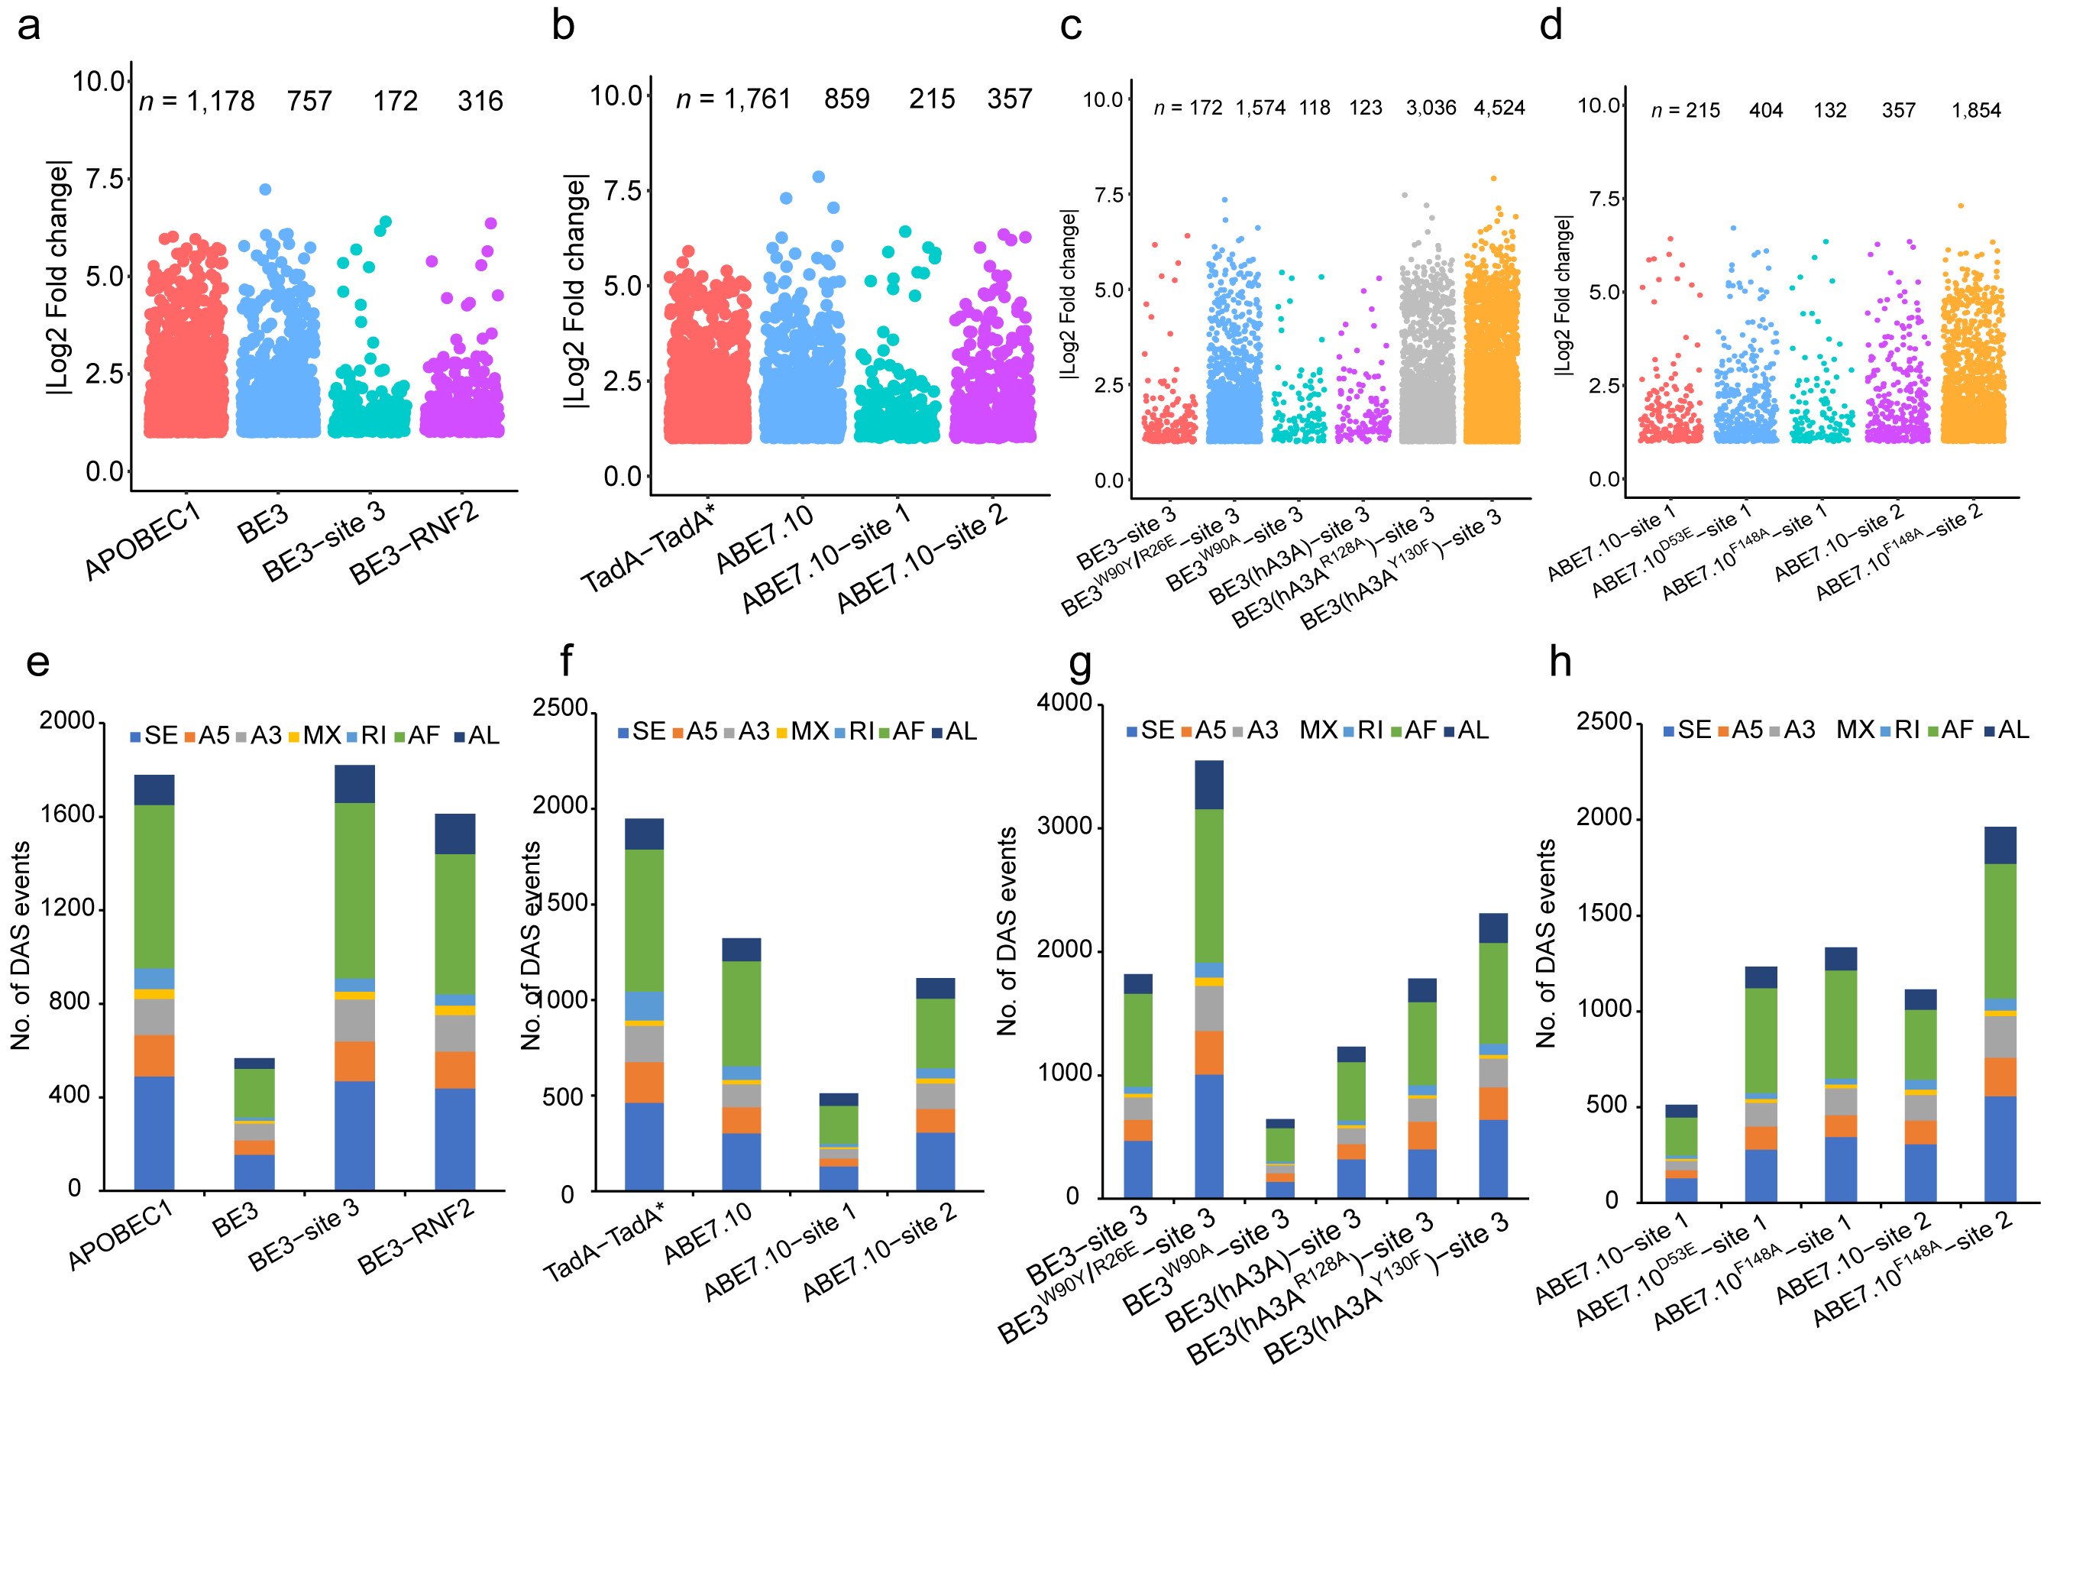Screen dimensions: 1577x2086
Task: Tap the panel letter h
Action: click(x=1560, y=662)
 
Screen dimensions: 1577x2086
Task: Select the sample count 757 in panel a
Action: click(x=309, y=101)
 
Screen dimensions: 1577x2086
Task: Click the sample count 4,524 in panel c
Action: click(x=1499, y=108)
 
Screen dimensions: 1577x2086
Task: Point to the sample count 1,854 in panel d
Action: click(x=1976, y=110)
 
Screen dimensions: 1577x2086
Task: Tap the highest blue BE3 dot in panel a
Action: click(x=266, y=189)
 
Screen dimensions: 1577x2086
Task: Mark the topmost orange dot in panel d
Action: click(x=1961, y=206)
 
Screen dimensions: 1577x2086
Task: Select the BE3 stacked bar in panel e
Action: click(x=254, y=1123)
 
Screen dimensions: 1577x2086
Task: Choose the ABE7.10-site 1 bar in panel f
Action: click(x=839, y=1142)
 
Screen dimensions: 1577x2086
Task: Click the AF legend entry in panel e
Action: click(x=417, y=736)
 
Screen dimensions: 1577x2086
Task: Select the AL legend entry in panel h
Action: click(x=2006, y=730)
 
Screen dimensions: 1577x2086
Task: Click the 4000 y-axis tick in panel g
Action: click(x=1065, y=703)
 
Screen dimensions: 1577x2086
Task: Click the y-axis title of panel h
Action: click(x=1546, y=943)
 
